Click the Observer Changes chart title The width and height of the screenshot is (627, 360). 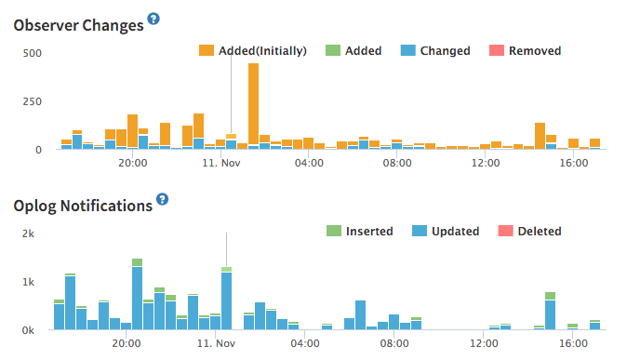pyautogui.click(x=79, y=25)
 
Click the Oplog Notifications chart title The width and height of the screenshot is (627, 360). pyautogui.click(x=83, y=206)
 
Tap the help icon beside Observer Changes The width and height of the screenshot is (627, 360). pyautogui.click(x=154, y=20)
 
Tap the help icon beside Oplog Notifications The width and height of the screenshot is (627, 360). pyautogui.click(x=163, y=199)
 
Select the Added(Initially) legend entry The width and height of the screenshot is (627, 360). pyautogui.click(x=253, y=50)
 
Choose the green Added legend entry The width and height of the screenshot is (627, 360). pyautogui.click(x=353, y=50)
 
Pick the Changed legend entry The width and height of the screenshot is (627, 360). pyautogui.click(x=435, y=50)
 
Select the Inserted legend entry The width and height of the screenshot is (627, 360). pyautogui.click(x=359, y=231)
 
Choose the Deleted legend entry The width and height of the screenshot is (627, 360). pyautogui.click(x=529, y=231)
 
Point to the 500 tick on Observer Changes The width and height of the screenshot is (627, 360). pyautogui.click(x=33, y=52)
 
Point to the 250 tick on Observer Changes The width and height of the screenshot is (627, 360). pyautogui.click(x=33, y=100)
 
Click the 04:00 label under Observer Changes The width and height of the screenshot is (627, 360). pyautogui.click(x=308, y=164)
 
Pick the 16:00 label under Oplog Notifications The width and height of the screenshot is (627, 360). pyautogui.click(x=573, y=344)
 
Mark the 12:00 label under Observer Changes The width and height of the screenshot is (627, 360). pyautogui.click(x=486, y=164)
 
